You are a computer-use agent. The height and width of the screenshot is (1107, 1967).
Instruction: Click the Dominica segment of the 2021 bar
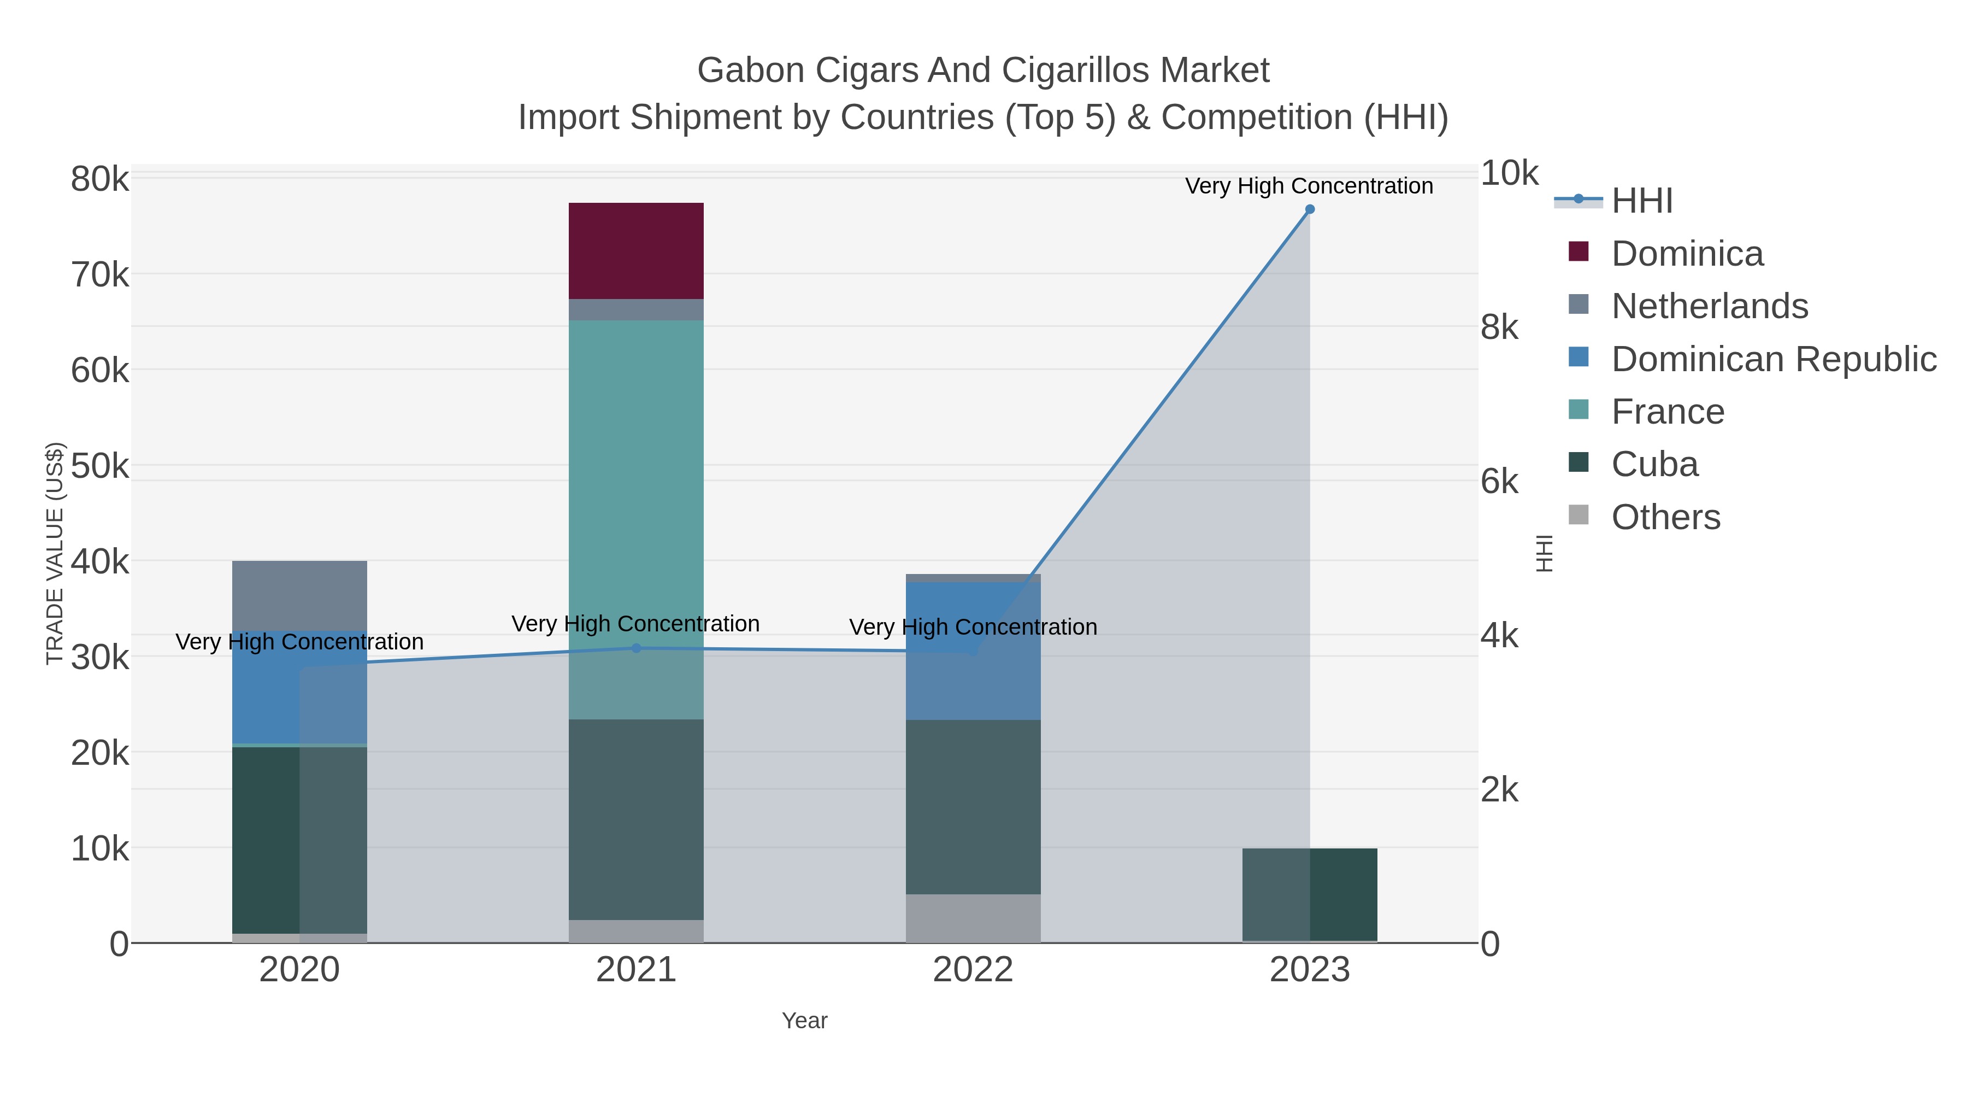click(x=635, y=250)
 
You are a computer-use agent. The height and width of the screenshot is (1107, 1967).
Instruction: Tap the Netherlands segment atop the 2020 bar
click(x=299, y=594)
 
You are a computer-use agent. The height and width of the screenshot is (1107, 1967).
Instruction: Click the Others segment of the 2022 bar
click(x=973, y=917)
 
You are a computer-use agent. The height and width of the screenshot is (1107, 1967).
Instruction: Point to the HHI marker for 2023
click(x=1310, y=209)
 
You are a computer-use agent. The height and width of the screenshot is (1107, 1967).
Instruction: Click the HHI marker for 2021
click(x=636, y=648)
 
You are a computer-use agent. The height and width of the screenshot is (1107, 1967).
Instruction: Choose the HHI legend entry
click(x=1642, y=201)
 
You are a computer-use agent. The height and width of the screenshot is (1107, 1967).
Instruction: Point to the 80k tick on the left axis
click(x=99, y=179)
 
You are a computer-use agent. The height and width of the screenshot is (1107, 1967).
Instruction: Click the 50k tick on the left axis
click(x=99, y=466)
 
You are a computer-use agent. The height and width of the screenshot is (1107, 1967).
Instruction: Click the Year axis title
click(x=804, y=1021)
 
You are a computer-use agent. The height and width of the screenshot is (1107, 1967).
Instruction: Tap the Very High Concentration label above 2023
click(x=1309, y=186)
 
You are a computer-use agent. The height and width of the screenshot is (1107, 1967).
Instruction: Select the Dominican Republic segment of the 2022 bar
click(x=973, y=649)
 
